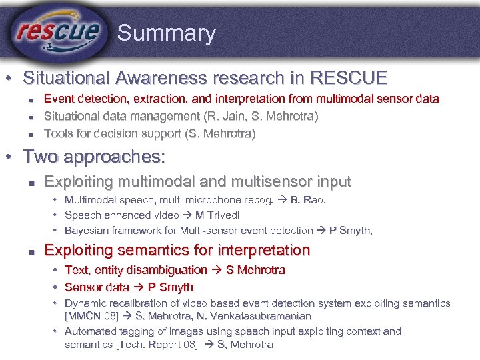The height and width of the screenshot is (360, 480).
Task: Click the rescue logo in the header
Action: [x=58, y=31]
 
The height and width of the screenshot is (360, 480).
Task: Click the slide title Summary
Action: [x=166, y=33]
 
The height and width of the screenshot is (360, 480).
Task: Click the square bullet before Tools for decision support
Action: [x=31, y=134]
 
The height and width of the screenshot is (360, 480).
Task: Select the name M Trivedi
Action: [x=217, y=215]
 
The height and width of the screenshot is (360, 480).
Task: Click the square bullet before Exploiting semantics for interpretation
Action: [x=31, y=251]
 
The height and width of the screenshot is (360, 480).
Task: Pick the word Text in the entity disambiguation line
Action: [x=76, y=270]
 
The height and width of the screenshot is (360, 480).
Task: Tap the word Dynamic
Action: [x=85, y=303]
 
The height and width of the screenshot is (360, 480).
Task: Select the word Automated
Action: [x=90, y=331]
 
